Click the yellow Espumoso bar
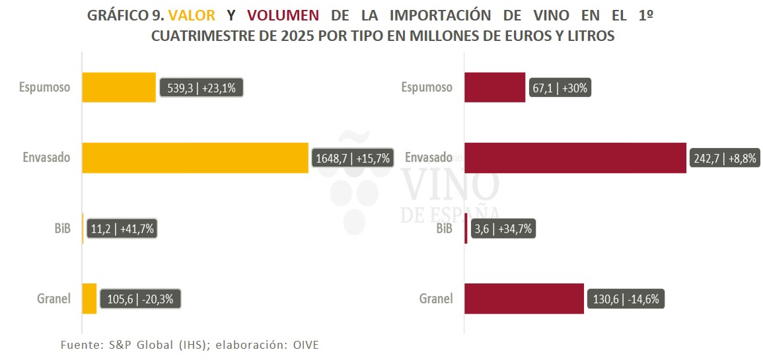[x=119, y=87]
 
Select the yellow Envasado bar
[x=195, y=158]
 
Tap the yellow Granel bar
[x=89, y=299]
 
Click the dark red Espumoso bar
[x=495, y=87]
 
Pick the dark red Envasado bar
[x=575, y=158]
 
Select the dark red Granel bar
[x=524, y=299]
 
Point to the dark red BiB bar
[x=466, y=229]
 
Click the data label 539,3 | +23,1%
[x=201, y=87]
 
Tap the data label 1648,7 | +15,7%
[x=352, y=159]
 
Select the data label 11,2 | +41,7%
[x=122, y=229]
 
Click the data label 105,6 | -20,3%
[x=140, y=299]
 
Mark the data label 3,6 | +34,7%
[x=502, y=229]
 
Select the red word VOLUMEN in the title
[x=283, y=16]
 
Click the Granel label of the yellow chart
[x=54, y=299]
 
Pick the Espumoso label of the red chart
[x=427, y=87]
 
